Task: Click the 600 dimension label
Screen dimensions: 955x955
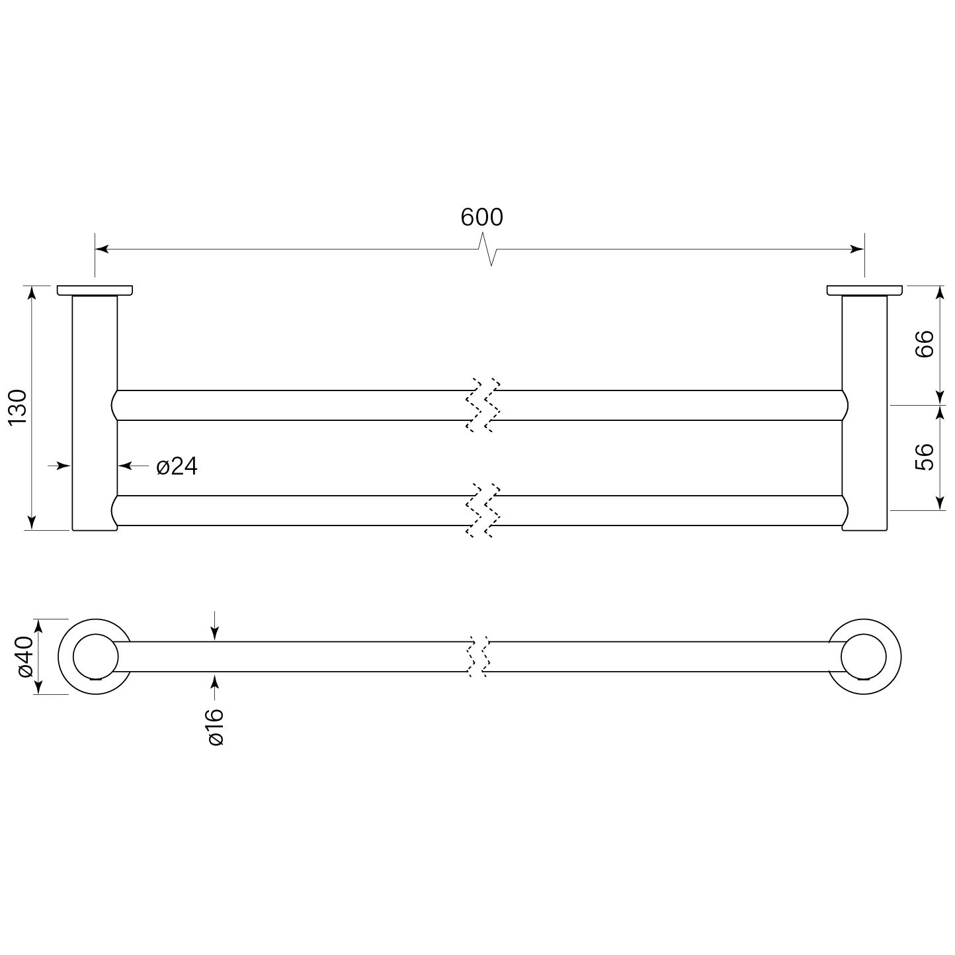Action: (481, 217)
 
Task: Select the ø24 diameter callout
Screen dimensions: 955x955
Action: (177, 467)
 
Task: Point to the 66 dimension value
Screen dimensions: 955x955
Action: (924, 343)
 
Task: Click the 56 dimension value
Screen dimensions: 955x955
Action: (924, 457)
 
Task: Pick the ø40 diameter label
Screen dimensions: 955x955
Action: (24, 657)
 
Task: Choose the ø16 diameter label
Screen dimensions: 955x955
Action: (216, 727)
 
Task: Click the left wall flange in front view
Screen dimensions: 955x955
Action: (95, 290)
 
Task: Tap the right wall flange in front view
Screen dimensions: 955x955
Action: (864, 290)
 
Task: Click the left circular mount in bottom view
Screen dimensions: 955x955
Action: (95, 657)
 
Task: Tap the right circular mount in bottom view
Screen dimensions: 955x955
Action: (864, 657)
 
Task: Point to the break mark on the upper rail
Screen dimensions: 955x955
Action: (483, 405)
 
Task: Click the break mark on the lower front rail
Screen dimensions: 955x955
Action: (483, 510)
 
